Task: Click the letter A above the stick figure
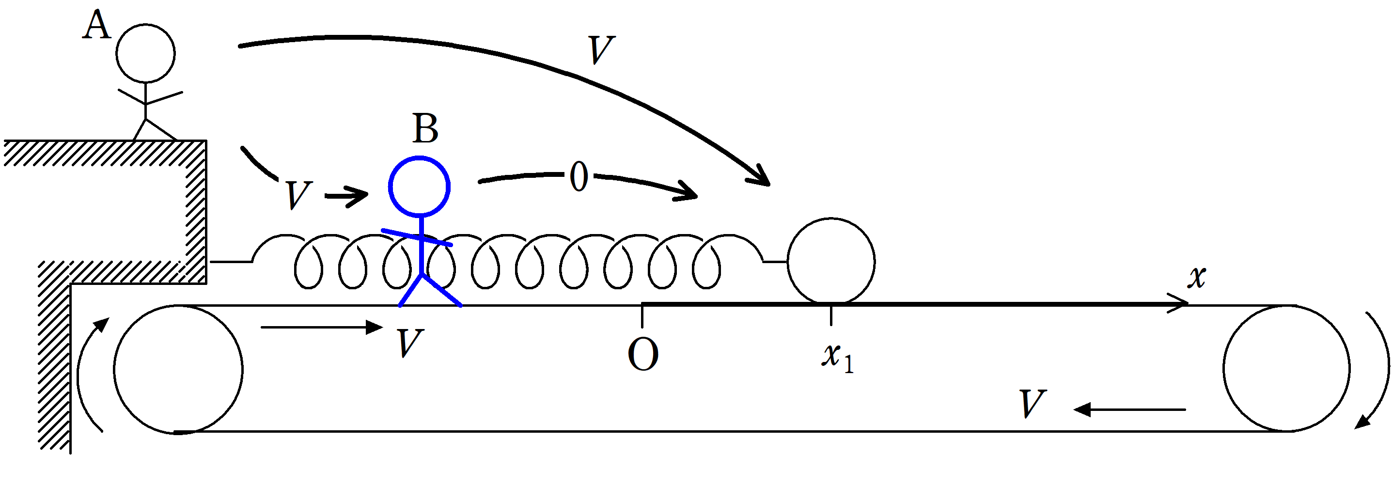[x=97, y=25]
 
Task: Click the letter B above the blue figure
[x=425, y=129]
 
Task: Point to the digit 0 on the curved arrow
[x=579, y=176]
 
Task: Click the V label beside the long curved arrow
[x=601, y=50]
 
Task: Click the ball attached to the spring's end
[x=830, y=261]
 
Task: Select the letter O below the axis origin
[x=643, y=354]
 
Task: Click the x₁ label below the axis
[x=837, y=357]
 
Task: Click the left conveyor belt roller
[x=178, y=369]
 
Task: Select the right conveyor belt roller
[x=1286, y=368]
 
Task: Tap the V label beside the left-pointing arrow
[x=1032, y=404]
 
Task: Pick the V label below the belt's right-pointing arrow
[x=409, y=344]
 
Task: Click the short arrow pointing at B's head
[x=346, y=195]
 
